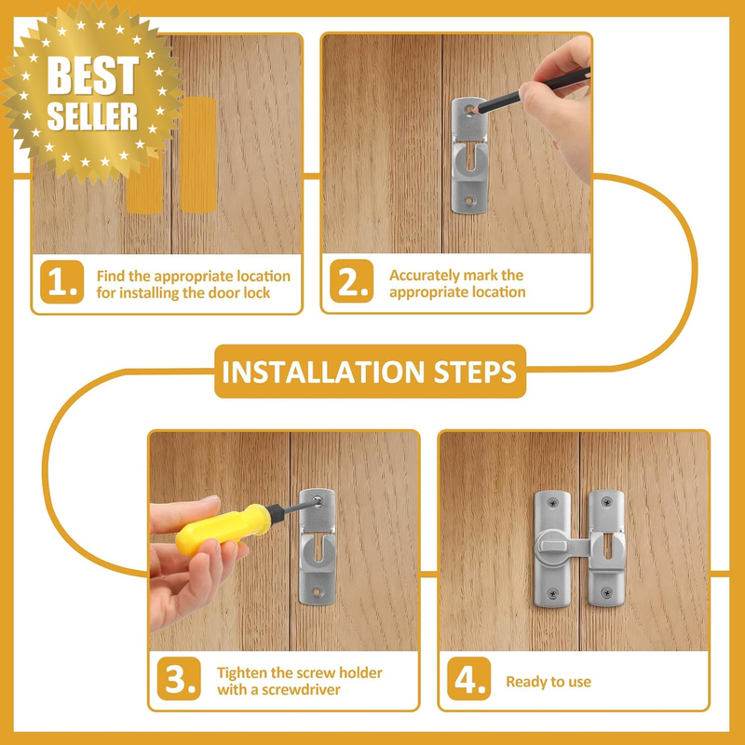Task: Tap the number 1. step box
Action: click(x=61, y=282)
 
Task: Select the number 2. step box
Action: click(x=352, y=281)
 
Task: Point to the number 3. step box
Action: click(x=179, y=679)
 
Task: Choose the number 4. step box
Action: click(x=469, y=679)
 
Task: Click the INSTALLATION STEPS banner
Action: click(x=370, y=372)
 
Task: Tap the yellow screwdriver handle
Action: click(x=223, y=529)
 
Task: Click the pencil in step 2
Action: click(x=531, y=90)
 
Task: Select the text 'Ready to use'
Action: click(x=549, y=682)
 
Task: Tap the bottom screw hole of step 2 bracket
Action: click(x=470, y=200)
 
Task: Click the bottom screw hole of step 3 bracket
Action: click(x=317, y=592)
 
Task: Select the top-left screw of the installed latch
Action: click(x=552, y=503)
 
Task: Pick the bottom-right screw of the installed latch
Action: click(x=606, y=592)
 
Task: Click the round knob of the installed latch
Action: click(x=551, y=548)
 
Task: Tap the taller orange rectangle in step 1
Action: click(x=198, y=155)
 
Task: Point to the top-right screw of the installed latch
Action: click(x=607, y=502)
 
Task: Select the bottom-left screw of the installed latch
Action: click(x=552, y=593)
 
